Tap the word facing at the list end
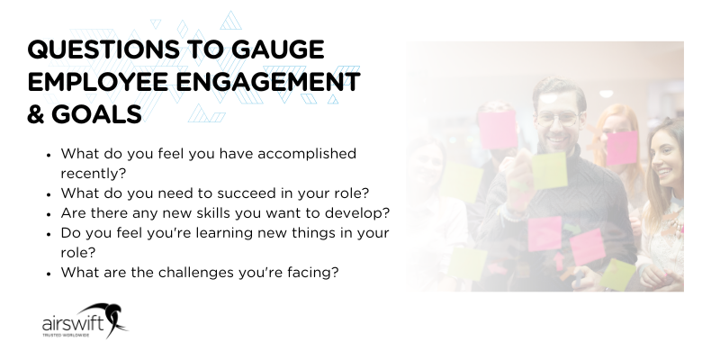point(313,271)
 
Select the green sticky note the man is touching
point(548,169)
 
